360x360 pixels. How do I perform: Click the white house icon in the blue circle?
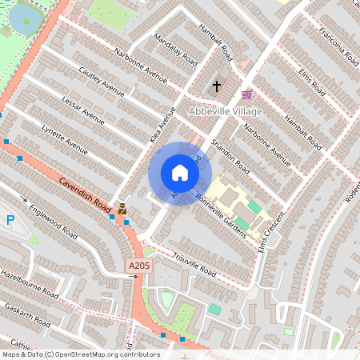pos(180,173)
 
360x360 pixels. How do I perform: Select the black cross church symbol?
pos(216,85)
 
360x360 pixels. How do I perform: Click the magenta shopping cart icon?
pos(246,94)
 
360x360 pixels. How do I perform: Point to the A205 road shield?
pos(138,264)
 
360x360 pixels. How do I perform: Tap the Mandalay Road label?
pos(177,49)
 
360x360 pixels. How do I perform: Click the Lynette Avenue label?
pos(65,138)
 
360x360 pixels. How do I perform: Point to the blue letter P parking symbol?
pos(10,220)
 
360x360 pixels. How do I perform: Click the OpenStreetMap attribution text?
pos(80,354)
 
